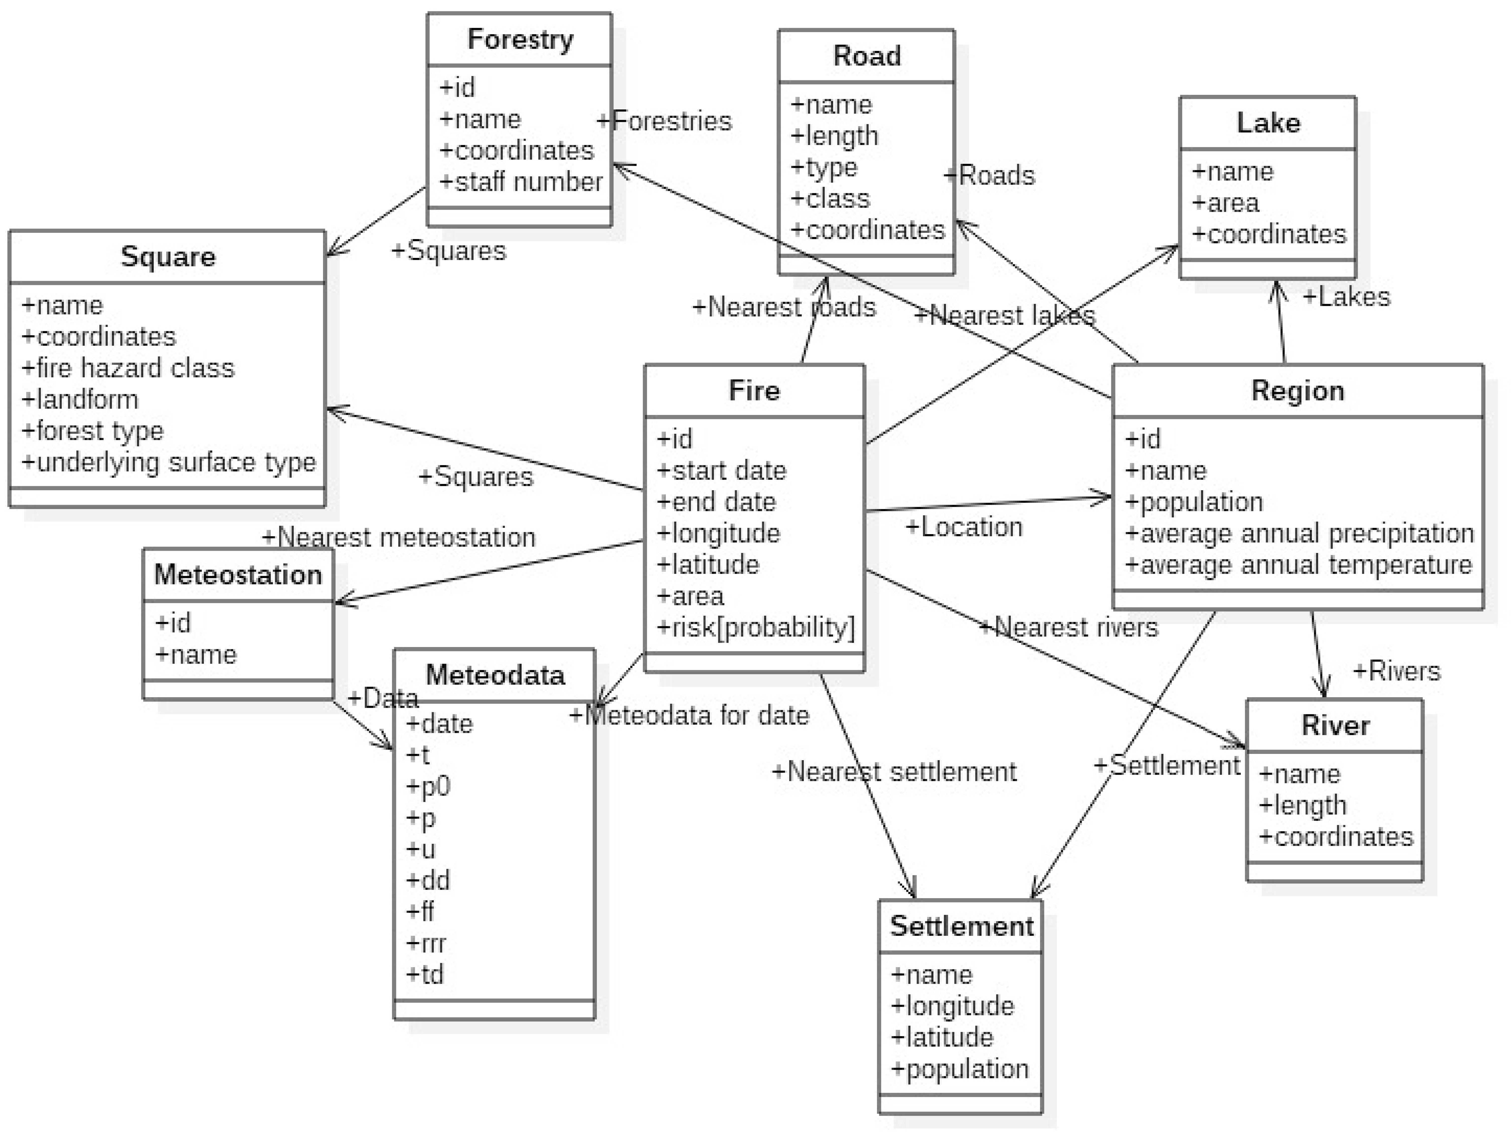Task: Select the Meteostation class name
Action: point(238,575)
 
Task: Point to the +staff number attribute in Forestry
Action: point(521,182)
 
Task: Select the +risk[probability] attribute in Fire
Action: point(755,627)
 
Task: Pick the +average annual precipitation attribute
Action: point(1299,533)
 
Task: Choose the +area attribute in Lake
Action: point(1225,203)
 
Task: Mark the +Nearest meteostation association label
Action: point(399,537)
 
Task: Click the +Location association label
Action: point(964,527)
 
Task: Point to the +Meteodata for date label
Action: point(689,716)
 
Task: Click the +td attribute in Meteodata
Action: point(425,974)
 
